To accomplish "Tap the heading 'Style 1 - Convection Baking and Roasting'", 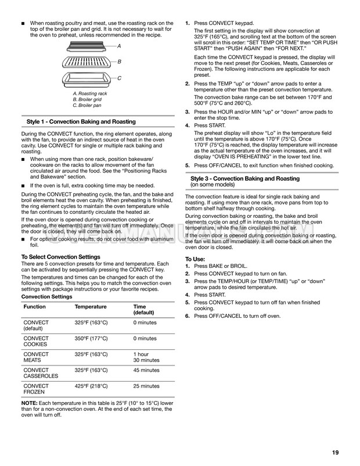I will pos(81,122).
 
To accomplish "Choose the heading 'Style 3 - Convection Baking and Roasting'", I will pos(245,178).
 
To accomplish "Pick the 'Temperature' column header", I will pos(91,307).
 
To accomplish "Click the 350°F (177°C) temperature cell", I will pos(91,338).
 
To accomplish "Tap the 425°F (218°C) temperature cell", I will pos(91,386).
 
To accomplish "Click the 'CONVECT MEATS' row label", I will pos(36,357).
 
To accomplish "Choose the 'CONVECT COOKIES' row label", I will pos(36,342).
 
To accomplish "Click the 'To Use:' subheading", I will pos(195,258).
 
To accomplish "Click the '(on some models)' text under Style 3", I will pos(213,185).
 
